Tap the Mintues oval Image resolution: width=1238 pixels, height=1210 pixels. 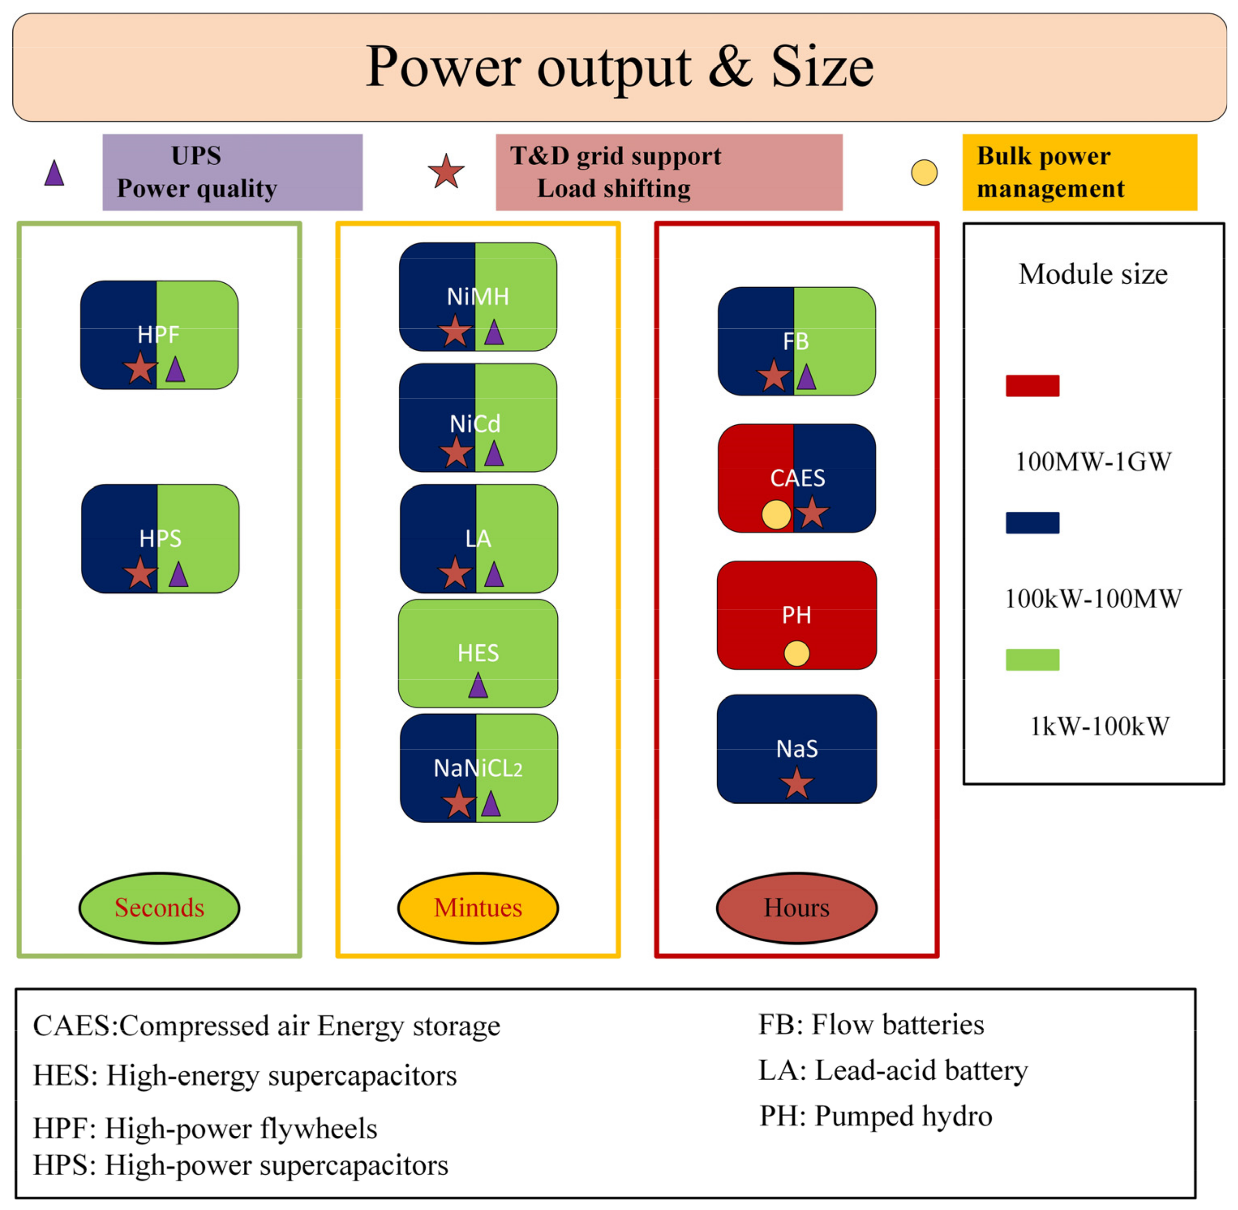478,907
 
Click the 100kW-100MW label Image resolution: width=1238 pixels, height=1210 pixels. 1092,599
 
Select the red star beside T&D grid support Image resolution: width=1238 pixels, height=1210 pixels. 446,172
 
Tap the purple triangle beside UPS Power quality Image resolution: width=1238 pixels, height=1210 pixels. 55,174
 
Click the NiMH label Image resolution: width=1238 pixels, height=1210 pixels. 478,297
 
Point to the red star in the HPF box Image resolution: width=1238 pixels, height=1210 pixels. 140,368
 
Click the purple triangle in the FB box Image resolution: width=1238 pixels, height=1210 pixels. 806,377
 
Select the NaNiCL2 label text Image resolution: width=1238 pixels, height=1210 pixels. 478,769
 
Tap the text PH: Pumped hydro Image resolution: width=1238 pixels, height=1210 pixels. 875,1116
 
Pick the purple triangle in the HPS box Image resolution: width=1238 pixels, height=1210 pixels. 178,575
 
